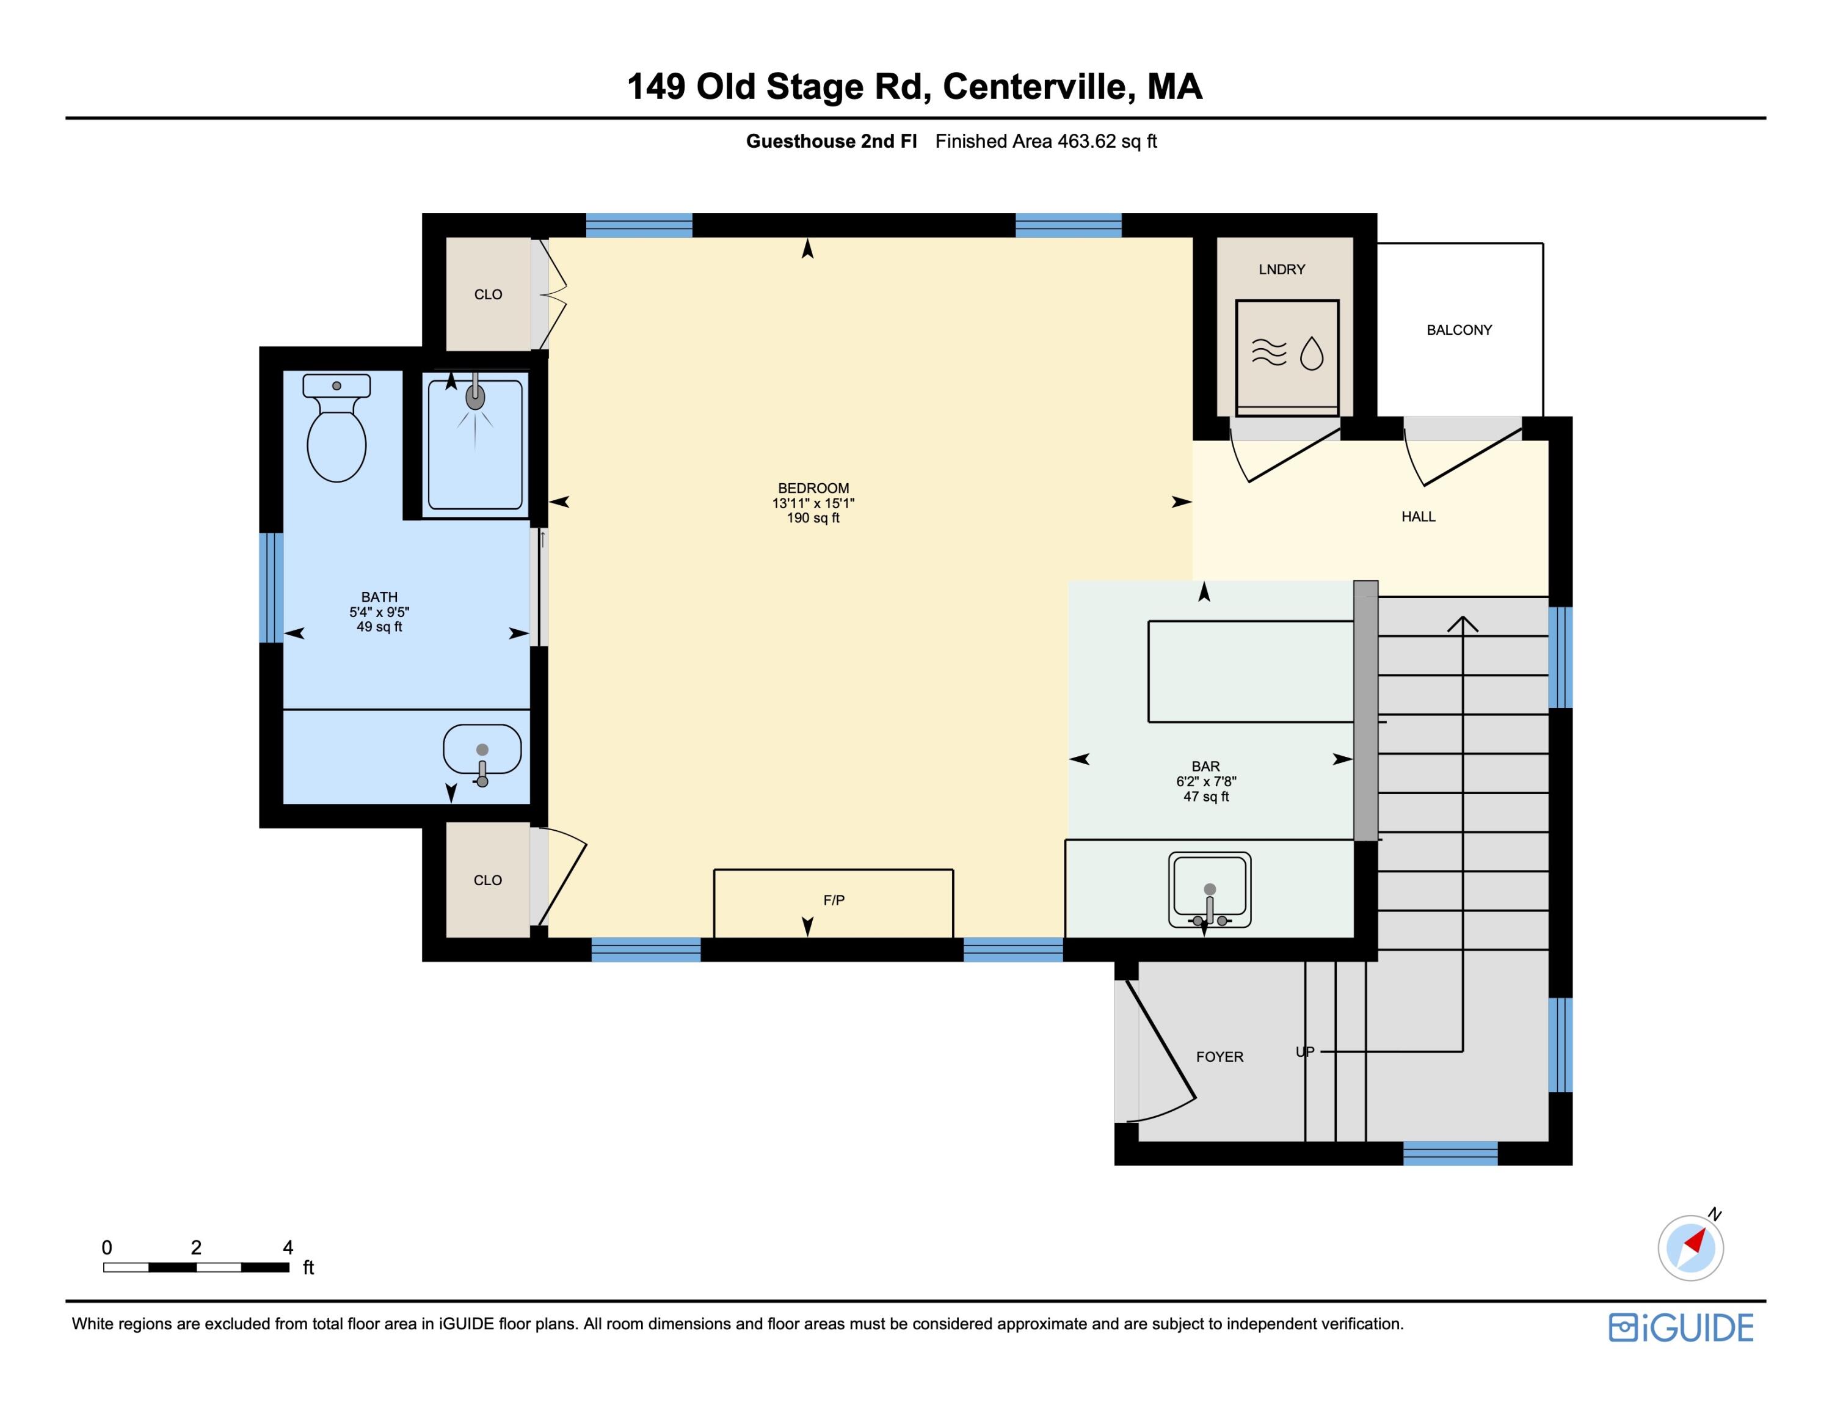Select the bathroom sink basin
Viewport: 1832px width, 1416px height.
481,749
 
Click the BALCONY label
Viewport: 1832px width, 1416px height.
1459,330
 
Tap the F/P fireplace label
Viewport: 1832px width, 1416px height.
833,900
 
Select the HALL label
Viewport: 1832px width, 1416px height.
1417,517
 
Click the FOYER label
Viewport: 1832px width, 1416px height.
1219,1057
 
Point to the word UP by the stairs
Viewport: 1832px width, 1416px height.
1304,1052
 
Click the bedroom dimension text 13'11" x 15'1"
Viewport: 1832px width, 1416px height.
813,503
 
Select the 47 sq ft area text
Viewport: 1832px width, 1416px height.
1205,796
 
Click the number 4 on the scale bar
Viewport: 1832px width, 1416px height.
288,1247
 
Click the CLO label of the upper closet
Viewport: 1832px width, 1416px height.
487,294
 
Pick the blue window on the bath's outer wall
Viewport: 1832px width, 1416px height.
271,587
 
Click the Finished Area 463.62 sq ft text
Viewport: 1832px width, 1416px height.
1045,141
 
